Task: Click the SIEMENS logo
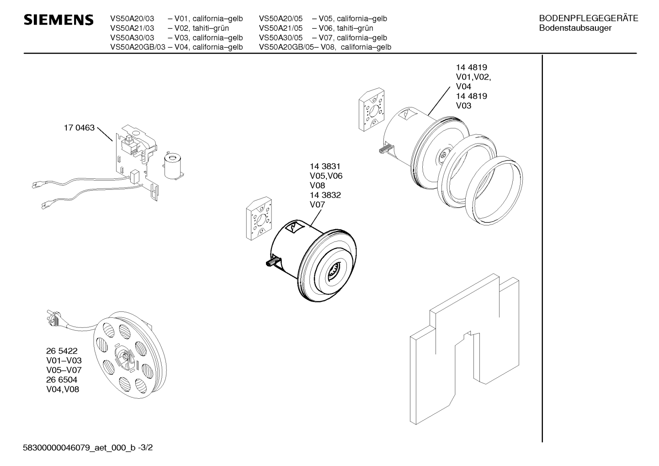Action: pos(58,20)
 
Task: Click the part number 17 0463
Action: pos(79,128)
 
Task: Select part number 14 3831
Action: pos(325,166)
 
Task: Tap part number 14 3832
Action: pos(325,195)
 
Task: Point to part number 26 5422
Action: pos(62,351)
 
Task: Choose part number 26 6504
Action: pos(62,380)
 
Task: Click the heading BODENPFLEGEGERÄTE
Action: pos(589,18)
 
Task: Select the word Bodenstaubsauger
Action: pos(575,28)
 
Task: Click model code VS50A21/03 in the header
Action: pos(132,28)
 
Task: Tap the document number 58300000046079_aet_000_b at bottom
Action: pos(79,448)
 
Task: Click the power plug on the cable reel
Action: pos(53,317)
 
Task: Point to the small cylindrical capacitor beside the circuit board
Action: pos(173,167)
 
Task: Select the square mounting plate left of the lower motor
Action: pos(259,219)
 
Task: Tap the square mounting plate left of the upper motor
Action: pos(372,109)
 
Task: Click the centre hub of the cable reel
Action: pos(125,357)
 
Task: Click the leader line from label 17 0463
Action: pos(105,134)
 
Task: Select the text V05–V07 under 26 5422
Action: pos(64,370)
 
